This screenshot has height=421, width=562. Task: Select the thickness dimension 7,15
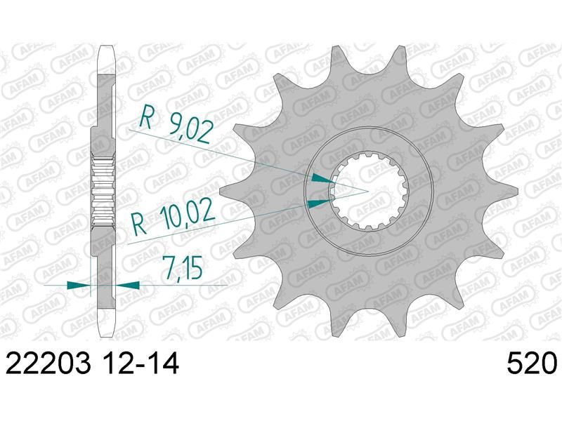click(181, 267)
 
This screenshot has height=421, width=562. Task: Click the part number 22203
click(48, 364)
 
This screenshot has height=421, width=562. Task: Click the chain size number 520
click(532, 364)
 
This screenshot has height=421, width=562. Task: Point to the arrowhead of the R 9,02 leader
click(322, 178)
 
